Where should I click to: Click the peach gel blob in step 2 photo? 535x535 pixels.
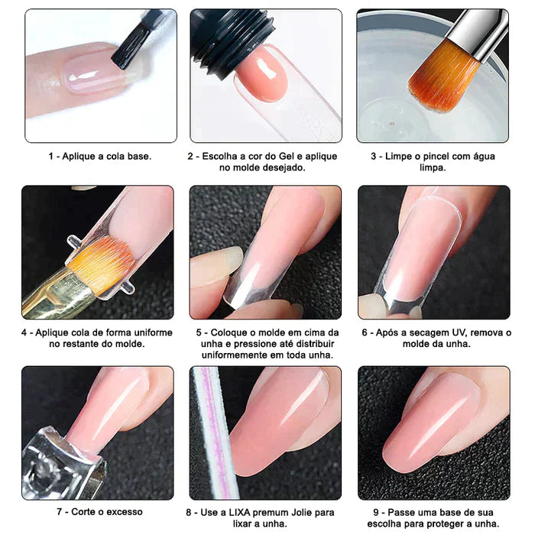tap(262, 76)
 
